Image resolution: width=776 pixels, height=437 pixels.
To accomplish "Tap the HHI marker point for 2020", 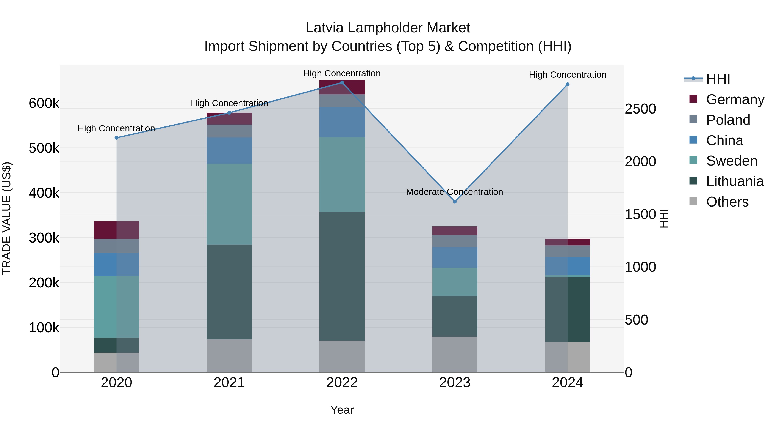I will pyautogui.click(x=117, y=138).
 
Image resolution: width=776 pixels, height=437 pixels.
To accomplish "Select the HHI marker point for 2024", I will pyautogui.click(x=568, y=84).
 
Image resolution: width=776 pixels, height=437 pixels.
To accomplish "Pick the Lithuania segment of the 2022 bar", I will pyautogui.click(x=342, y=276).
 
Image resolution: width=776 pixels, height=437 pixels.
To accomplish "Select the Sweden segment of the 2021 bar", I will pyautogui.click(x=229, y=204).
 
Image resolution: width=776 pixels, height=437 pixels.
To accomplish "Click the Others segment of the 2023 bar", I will pyautogui.click(x=455, y=354).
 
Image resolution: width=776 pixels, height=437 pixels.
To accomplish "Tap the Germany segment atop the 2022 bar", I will pyautogui.click(x=342, y=87).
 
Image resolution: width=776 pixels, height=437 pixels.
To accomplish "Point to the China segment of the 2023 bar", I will pyautogui.click(x=455, y=257).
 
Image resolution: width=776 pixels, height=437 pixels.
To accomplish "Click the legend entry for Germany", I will pyautogui.click(x=735, y=99).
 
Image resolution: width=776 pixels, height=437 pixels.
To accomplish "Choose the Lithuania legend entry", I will pyautogui.click(x=735, y=181).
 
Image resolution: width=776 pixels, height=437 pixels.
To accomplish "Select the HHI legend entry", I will pyautogui.click(x=718, y=79).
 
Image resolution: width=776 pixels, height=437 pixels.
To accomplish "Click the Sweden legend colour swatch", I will pyautogui.click(x=693, y=160).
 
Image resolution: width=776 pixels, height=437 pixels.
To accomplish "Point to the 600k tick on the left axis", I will pyautogui.click(x=44, y=103).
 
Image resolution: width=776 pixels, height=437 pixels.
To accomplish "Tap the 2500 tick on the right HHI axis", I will pyautogui.click(x=640, y=109).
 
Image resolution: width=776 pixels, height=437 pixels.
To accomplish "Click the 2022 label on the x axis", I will pyautogui.click(x=342, y=383).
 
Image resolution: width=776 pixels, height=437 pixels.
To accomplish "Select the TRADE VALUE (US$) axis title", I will pyautogui.click(x=7, y=218).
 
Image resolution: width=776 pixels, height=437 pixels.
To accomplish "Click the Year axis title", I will pyautogui.click(x=342, y=410).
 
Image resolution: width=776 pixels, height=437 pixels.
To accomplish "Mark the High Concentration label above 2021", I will pyautogui.click(x=229, y=103).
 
